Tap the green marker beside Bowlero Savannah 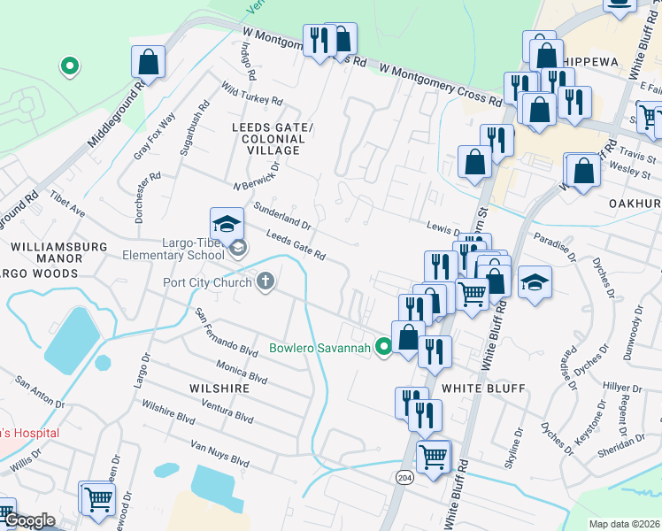point(383,347)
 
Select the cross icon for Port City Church point(264,283)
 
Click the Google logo point(29,521)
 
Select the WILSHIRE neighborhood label point(214,388)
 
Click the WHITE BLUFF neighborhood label point(483,389)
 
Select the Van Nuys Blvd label point(220,452)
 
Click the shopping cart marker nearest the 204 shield point(434,458)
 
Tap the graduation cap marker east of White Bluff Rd point(535,282)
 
